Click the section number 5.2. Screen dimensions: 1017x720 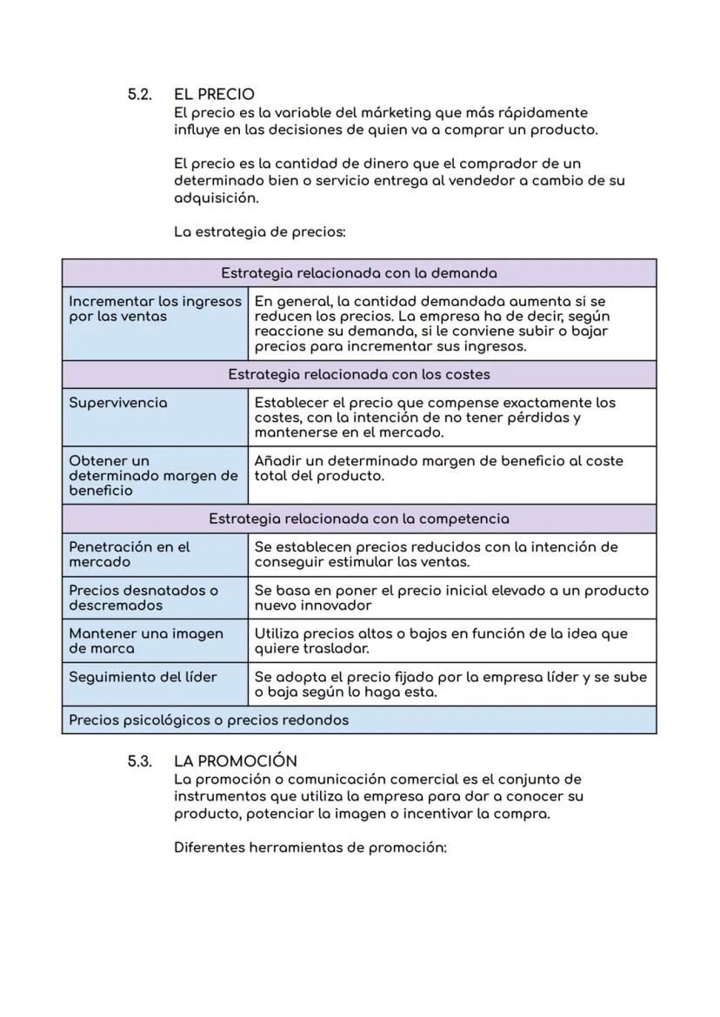[x=140, y=94]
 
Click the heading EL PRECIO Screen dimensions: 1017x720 [x=214, y=94]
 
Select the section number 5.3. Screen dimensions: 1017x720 [x=140, y=761]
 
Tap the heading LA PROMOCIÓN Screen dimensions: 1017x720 [x=235, y=761]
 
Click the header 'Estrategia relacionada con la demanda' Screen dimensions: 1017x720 [x=358, y=273]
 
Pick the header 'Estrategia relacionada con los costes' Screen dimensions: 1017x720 [x=358, y=374]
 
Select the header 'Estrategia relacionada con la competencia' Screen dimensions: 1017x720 [x=358, y=519]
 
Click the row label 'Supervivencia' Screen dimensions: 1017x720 [x=118, y=403]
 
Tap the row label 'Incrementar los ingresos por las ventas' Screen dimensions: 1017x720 [x=155, y=309]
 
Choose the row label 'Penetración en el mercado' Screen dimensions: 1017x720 [x=129, y=554]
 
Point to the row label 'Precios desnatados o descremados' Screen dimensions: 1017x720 [x=143, y=598]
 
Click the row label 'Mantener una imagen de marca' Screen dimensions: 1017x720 [x=145, y=641]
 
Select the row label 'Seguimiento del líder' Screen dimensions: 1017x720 [x=143, y=677]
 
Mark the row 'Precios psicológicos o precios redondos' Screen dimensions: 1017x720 [x=209, y=719]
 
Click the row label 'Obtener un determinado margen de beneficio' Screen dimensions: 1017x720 [x=153, y=475]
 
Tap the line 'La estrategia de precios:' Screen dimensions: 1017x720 [x=260, y=232]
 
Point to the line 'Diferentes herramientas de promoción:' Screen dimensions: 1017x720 [x=310, y=847]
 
